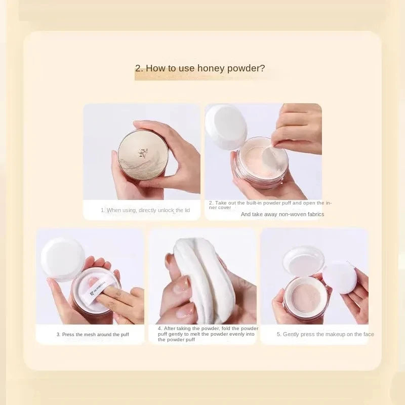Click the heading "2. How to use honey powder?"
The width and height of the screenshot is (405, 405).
point(199,68)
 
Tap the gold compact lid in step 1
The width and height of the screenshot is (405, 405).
point(143,154)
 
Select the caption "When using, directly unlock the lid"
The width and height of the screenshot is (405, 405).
point(145,210)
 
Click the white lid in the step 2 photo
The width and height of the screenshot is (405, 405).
point(226,127)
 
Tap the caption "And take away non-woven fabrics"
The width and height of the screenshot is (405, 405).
point(282,214)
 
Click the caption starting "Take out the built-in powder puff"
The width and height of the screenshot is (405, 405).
point(270,205)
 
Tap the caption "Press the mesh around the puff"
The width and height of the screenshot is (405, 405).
point(93,335)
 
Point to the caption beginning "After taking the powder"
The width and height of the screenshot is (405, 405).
point(208,334)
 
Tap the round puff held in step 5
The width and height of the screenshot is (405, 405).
point(340,277)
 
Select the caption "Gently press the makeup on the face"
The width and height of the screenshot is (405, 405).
point(325,335)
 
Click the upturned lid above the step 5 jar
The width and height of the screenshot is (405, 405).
point(303,261)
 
